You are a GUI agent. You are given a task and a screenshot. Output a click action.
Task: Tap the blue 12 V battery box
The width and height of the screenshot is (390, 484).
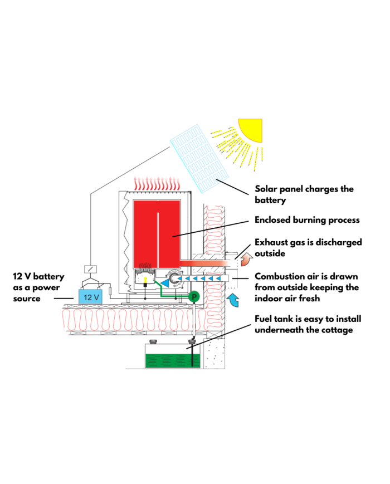[x=90, y=296]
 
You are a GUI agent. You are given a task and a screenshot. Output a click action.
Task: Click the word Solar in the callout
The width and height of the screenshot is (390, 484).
[x=267, y=189]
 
